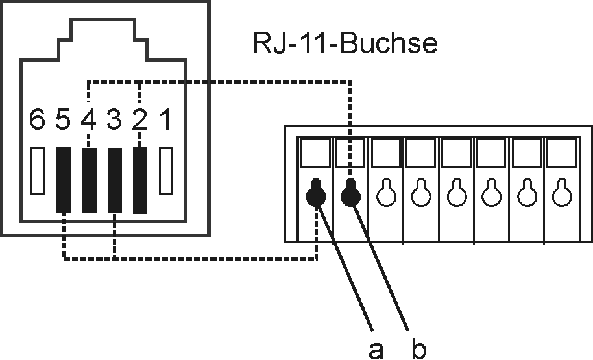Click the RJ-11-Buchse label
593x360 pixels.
point(345,44)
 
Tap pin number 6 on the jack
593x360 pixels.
point(38,121)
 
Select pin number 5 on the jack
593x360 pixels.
point(63,121)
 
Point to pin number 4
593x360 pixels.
point(88,121)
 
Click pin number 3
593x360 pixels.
point(114,121)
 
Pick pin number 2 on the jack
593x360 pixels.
point(139,121)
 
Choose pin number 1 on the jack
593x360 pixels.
point(165,121)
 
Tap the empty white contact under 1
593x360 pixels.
point(167,171)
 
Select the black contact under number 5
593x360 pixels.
point(63,180)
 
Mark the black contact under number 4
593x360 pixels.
point(89,180)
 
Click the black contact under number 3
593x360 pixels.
point(114,180)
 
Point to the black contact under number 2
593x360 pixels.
point(139,180)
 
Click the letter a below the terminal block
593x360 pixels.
point(374,350)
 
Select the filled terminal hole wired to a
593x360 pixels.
point(316,193)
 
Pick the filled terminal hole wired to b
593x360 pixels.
point(351,193)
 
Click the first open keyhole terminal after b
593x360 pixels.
point(386,193)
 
